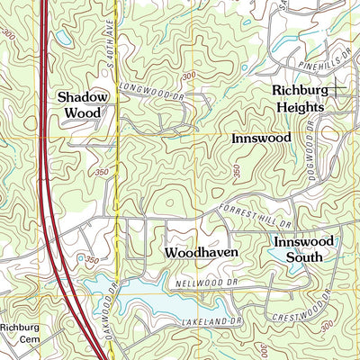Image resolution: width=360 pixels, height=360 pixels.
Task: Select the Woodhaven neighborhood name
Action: point(202,254)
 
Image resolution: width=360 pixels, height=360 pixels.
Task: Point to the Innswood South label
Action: point(303,249)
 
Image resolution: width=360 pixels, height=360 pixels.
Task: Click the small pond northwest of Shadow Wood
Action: point(62,39)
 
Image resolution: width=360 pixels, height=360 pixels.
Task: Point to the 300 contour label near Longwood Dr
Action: point(188,77)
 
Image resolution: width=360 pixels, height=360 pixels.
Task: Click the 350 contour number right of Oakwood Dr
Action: point(91,260)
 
